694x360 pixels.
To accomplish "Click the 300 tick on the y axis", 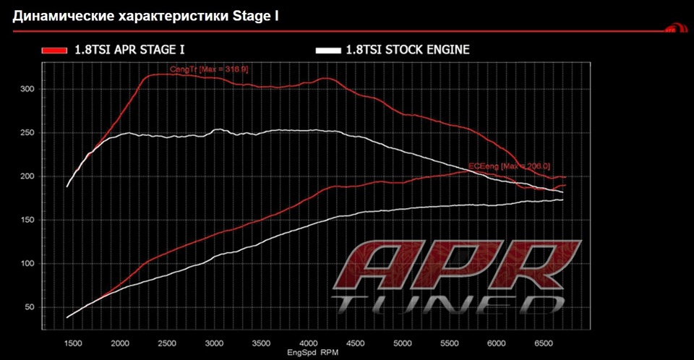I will pos(27,89).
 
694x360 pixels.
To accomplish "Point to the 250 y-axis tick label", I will pos(27,132).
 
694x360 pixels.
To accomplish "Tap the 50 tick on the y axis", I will pos(30,308).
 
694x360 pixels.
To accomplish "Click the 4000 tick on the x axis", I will pos(309,343).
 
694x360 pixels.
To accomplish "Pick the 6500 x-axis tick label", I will pos(543,343).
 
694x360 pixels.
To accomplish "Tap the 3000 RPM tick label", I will pos(215,343).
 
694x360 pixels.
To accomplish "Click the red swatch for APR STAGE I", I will pos(54,50).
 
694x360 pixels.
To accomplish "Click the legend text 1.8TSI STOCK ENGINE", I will pos(408,50).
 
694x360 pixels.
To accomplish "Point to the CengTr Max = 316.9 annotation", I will pos(209,69).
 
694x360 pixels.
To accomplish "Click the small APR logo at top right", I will pos(672,30).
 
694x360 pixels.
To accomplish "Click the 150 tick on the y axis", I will pos(27,220).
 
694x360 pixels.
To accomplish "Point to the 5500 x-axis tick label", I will pos(449,343).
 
